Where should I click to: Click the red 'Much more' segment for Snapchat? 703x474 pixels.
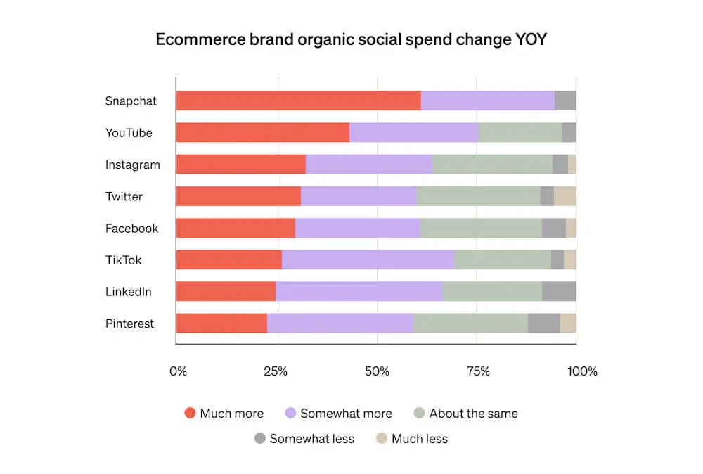(x=298, y=101)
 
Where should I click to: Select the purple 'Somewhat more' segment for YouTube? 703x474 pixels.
(x=413, y=133)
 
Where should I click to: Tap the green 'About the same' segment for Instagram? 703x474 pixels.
(x=492, y=165)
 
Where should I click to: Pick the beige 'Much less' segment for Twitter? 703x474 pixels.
(x=565, y=196)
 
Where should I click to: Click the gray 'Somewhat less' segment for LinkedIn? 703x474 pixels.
(x=559, y=292)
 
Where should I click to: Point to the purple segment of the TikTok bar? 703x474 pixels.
(x=368, y=260)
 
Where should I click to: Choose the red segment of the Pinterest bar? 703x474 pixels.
(x=221, y=324)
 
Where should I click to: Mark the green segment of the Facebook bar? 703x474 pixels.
(x=481, y=229)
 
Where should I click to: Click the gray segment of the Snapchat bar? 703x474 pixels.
(x=565, y=101)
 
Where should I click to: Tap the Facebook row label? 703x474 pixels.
(x=131, y=229)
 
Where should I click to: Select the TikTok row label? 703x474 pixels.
(x=123, y=260)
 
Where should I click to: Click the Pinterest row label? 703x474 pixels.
(x=129, y=324)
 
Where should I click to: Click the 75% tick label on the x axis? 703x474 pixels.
(x=477, y=371)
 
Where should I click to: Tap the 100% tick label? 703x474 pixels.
(x=582, y=371)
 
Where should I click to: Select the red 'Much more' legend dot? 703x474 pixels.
(x=190, y=414)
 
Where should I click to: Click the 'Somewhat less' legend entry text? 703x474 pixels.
(x=311, y=439)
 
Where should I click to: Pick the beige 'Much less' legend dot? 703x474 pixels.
(x=382, y=439)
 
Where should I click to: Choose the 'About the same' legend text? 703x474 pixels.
(x=473, y=414)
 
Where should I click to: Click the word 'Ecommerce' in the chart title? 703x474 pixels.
(x=200, y=39)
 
